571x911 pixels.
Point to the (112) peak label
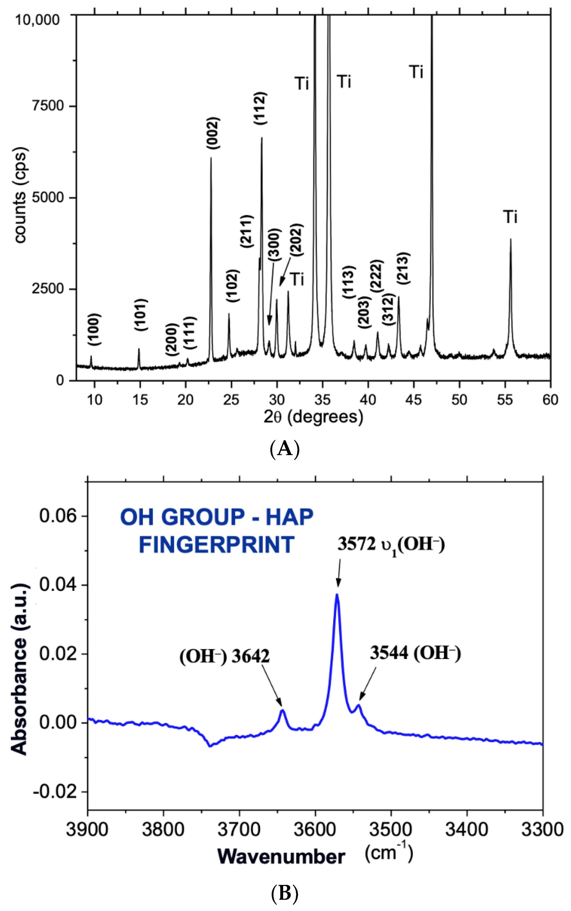point(260,109)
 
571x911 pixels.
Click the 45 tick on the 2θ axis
point(414,399)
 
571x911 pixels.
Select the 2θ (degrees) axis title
point(313,417)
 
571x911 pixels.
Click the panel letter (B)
point(285,894)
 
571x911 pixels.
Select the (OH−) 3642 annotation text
point(224,656)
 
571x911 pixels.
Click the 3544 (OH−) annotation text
point(415,653)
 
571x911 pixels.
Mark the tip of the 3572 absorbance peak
point(337,594)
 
